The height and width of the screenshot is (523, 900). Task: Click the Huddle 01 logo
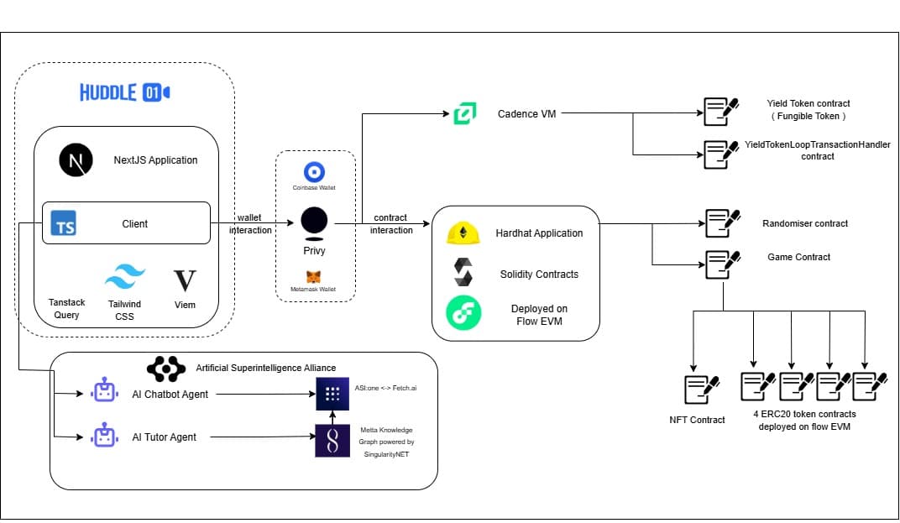[x=125, y=92]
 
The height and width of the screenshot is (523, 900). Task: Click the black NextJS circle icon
[x=76, y=160]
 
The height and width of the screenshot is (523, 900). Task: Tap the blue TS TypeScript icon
[x=64, y=224]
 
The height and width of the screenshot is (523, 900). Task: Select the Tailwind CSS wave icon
[x=124, y=276]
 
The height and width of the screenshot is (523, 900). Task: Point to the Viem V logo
[x=184, y=280]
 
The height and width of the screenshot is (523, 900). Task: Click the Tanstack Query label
[x=66, y=309]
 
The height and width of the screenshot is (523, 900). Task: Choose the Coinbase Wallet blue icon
[x=315, y=172]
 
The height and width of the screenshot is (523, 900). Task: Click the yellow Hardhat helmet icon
[x=463, y=233]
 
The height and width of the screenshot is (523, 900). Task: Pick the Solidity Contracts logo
[x=463, y=272]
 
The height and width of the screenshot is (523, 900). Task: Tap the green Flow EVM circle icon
[x=463, y=313]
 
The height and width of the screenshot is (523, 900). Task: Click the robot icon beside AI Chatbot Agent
[x=104, y=392]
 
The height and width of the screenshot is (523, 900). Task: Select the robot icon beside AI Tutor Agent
[x=104, y=437]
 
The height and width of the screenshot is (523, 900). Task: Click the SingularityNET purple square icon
[x=332, y=440]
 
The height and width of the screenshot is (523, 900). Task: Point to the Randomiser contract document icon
[x=721, y=223]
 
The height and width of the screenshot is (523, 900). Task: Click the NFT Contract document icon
[x=701, y=389]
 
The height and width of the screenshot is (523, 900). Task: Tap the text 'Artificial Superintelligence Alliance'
[x=265, y=368]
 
